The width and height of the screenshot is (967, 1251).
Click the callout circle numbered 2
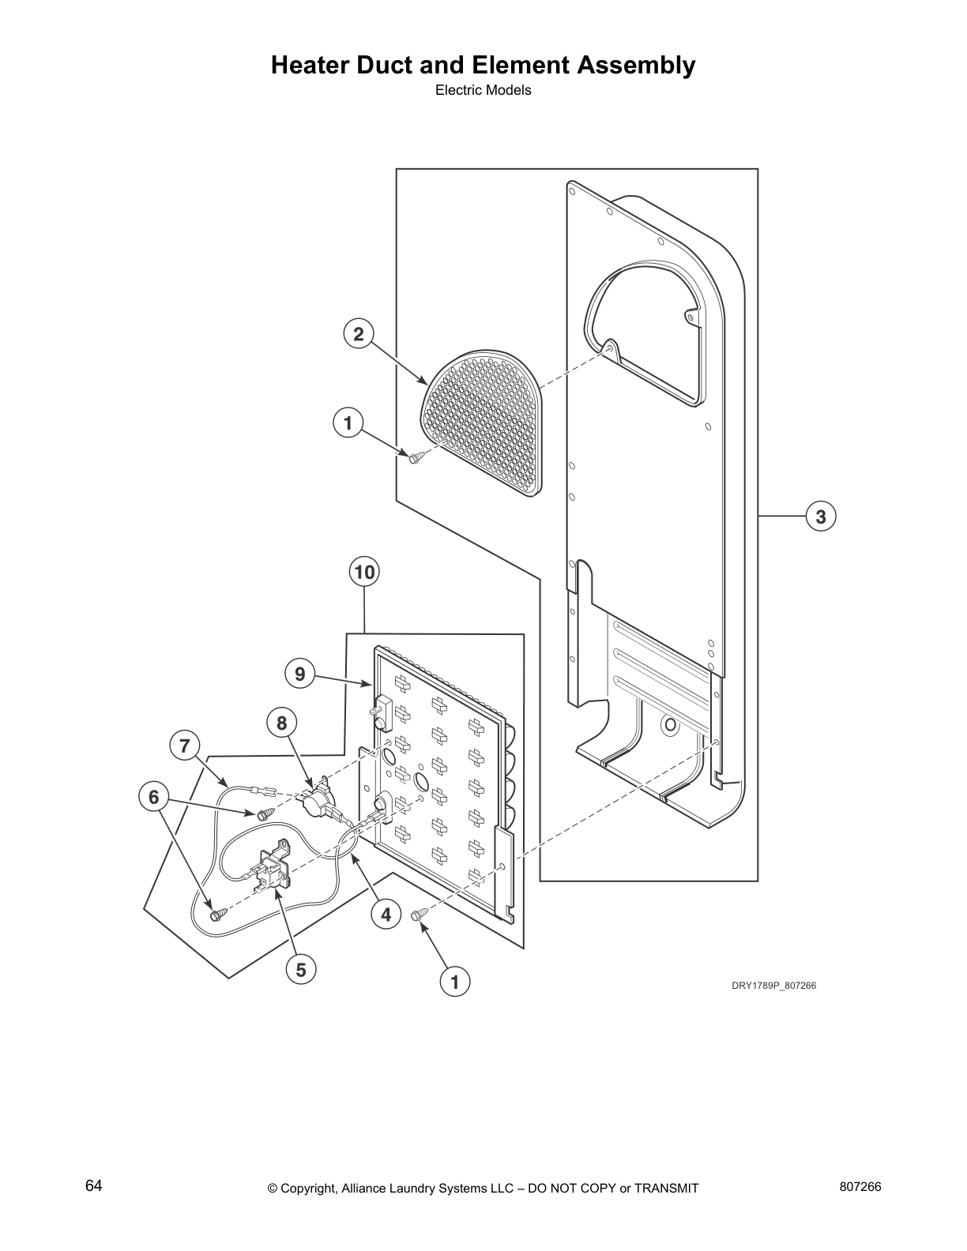359,334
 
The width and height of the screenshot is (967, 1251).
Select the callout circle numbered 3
821,517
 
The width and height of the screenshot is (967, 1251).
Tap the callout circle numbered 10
364,572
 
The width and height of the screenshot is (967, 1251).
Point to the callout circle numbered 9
299,674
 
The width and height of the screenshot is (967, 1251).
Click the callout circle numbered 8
281,722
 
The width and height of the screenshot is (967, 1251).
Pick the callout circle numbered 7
185,746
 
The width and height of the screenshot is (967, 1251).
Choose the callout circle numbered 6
154,797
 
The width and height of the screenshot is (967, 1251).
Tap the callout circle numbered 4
386,915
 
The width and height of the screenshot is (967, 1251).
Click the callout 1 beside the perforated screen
348,423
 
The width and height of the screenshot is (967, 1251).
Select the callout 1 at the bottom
454,982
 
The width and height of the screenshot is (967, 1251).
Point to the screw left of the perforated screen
416,456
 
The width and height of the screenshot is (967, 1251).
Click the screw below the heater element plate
420,914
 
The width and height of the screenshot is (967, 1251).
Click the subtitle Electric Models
483,90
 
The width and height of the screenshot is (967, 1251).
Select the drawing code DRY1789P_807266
773,986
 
